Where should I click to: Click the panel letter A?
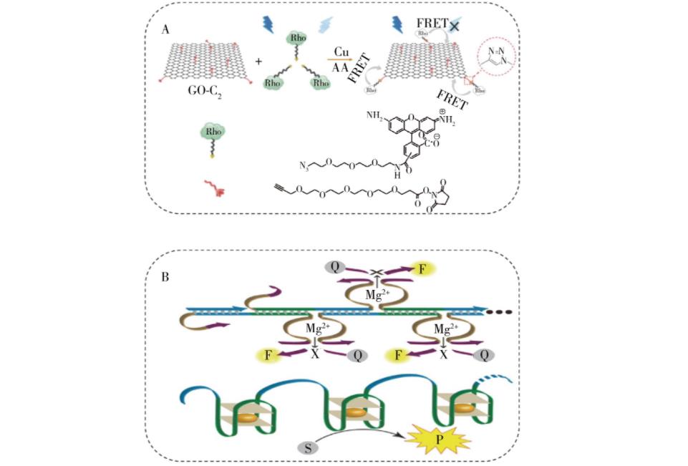pyautogui.click(x=166, y=29)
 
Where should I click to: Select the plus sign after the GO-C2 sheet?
pyautogui.click(x=258, y=62)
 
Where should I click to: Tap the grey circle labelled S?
pyautogui.click(x=306, y=447)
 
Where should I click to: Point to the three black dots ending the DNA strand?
pyautogui.click(x=498, y=312)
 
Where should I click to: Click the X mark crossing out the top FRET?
pyautogui.click(x=453, y=25)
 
